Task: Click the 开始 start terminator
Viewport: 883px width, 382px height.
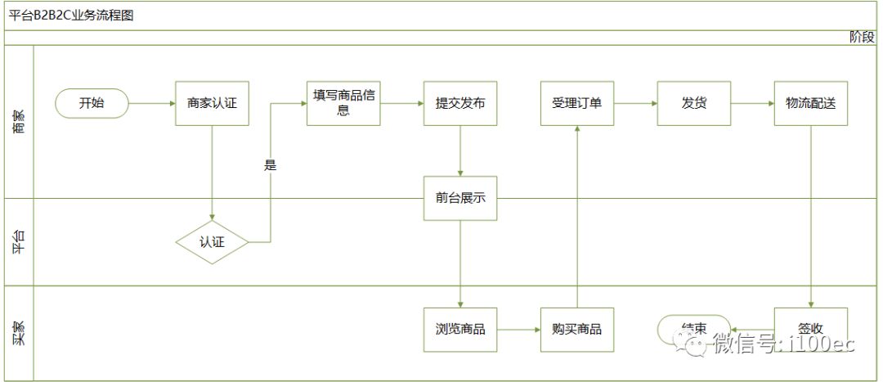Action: pyautogui.click(x=92, y=103)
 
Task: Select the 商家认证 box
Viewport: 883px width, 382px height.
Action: pyautogui.click(x=212, y=103)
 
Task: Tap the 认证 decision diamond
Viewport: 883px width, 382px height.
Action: pyautogui.click(x=212, y=242)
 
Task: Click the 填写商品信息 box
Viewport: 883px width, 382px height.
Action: pyautogui.click(x=343, y=103)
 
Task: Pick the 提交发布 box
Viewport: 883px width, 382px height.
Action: pyautogui.click(x=460, y=103)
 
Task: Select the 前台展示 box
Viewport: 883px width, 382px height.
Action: pyautogui.click(x=460, y=198)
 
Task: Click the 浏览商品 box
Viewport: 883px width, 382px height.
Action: pyautogui.click(x=460, y=330)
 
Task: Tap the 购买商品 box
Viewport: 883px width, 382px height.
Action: pyautogui.click(x=577, y=330)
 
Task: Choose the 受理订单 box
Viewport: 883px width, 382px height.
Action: pyautogui.click(x=577, y=103)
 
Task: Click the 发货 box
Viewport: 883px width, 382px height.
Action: pyautogui.click(x=694, y=103)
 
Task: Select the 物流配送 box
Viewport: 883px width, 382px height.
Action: pyautogui.click(x=811, y=103)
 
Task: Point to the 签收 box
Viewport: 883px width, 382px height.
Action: pyautogui.click(x=811, y=328)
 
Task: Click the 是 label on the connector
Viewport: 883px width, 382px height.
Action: pyautogui.click(x=270, y=165)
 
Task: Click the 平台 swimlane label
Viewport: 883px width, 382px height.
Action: pyautogui.click(x=19, y=242)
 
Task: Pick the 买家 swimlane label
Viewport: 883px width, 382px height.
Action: pyautogui.click(x=19, y=334)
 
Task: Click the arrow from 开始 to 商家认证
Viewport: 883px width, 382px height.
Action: pyautogui.click(x=152, y=103)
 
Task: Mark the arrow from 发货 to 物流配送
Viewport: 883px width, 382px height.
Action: pyautogui.click(x=752, y=103)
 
